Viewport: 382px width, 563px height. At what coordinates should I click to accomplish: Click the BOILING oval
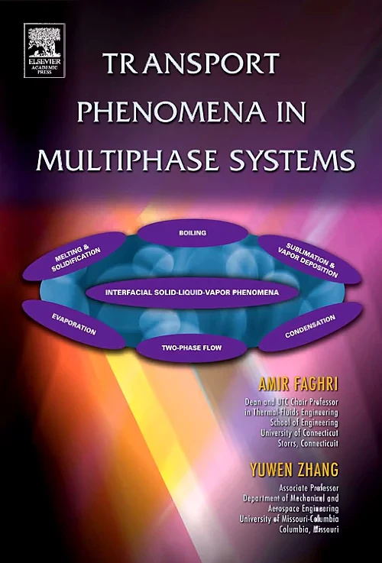point(193,231)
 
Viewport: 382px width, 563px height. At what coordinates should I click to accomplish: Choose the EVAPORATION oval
point(74,324)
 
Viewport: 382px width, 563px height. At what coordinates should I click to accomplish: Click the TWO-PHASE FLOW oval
point(192,348)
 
